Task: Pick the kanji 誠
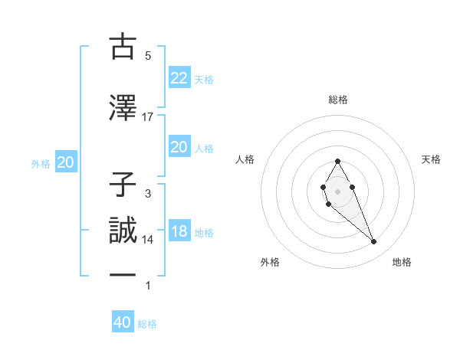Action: (x=123, y=231)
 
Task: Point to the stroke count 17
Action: (x=148, y=116)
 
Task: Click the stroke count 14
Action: (x=148, y=240)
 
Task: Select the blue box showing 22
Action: (x=179, y=77)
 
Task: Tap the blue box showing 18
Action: (x=179, y=231)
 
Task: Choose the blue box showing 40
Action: (x=122, y=322)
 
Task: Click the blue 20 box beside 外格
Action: (x=65, y=162)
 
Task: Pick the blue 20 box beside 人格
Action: (x=179, y=147)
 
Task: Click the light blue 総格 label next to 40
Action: (x=147, y=324)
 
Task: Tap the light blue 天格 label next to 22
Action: (x=204, y=79)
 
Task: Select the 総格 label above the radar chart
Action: (x=337, y=100)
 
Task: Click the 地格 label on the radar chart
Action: (x=402, y=262)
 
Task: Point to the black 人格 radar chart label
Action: (x=246, y=159)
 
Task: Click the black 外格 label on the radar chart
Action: (x=270, y=262)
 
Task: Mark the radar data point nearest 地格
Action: (x=374, y=242)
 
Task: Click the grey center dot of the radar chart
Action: (x=337, y=190)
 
